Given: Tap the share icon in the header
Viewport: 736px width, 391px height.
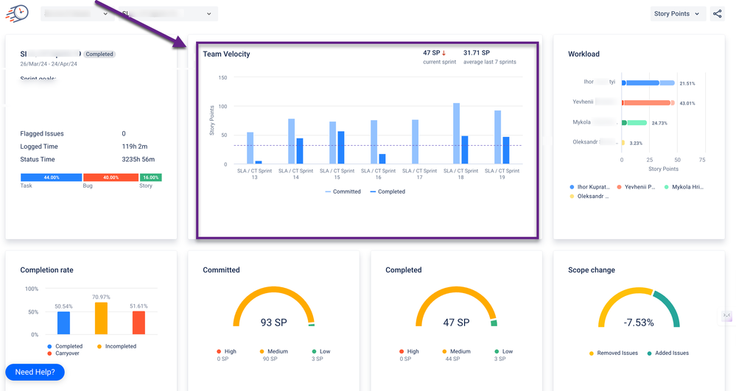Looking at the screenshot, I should click(x=718, y=13).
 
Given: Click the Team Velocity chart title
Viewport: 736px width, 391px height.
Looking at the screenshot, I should click(x=226, y=54).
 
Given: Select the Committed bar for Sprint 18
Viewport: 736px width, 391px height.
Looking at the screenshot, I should click(x=456, y=133).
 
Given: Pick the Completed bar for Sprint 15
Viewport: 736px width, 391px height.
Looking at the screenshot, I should click(x=341, y=147).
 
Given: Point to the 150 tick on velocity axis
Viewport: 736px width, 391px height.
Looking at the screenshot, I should click(x=222, y=77).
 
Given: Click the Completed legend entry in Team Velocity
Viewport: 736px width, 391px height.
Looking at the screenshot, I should click(x=388, y=191).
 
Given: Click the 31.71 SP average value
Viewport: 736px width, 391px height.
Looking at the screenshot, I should click(x=476, y=53).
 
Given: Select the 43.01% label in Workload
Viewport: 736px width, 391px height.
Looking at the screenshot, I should click(x=687, y=103).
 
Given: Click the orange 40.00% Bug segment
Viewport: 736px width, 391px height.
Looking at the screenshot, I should click(x=111, y=177).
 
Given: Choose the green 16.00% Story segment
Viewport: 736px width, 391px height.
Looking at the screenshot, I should click(x=151, y=177).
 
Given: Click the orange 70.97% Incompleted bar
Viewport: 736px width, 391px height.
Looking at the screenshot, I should click(x=101, y=318).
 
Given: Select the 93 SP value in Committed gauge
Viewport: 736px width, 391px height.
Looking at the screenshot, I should click(x=273, y=323).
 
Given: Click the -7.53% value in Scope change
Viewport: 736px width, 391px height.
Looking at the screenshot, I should click(x=639, y=323).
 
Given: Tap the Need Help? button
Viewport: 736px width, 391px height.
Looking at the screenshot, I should click(x=35, y=372).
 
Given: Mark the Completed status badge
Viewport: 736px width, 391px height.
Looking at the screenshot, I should click(x=99, y=54).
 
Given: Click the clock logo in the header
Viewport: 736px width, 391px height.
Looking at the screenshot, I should click(x=17, y=13).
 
